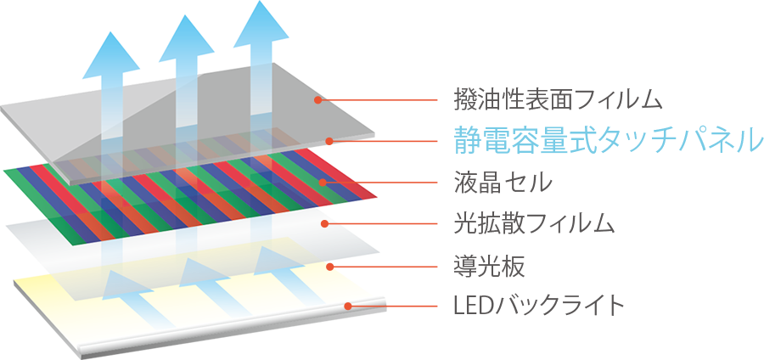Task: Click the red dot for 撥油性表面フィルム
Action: (317, 100)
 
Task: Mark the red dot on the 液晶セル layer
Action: (323, 182)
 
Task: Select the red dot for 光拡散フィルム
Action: (324, 224)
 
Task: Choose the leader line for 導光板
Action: (386, 266)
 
